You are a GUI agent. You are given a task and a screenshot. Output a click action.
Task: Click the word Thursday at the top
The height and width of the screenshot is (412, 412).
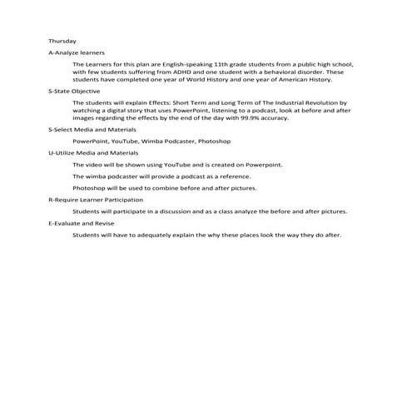(62, 41)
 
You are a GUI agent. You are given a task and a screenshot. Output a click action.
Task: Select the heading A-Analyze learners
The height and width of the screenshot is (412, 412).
(77, 52)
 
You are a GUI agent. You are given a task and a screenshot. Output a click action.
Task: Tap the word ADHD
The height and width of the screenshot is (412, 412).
(185, 72)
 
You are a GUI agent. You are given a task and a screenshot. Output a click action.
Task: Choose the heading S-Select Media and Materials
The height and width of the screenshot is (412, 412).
(92, 131)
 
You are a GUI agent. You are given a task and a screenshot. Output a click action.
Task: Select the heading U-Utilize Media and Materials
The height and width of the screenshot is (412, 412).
(93, 154)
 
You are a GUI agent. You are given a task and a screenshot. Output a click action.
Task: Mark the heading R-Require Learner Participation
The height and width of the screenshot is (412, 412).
(96, 201)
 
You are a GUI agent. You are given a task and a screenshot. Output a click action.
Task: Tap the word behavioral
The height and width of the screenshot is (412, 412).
(271, 72)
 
